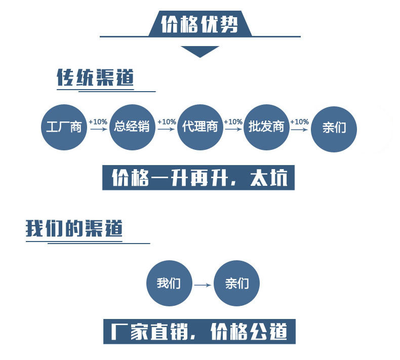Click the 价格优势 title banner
(x=199, y=24)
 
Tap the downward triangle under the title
(x=199, y=51)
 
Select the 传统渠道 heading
(x=95, y=78)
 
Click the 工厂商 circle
(x=64, y=127)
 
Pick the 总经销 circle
(x=132, y=127)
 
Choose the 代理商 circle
(x=201, y=127)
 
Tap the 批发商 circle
(x=266, y=127)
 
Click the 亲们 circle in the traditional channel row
(x=334, y=127)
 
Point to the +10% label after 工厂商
(x=98, y=122)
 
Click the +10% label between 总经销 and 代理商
(x=167, y=122)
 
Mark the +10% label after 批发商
(x=299, y=122)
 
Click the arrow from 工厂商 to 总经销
(x=97, y=129)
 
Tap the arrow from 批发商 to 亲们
(x=299, y=129)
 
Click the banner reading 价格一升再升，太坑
(x=198, y=177)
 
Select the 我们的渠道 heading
(x=74, y=228)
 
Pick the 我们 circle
(x=169, y=284)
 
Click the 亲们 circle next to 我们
(x=237, y=284)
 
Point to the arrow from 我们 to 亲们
(x=203, y=285)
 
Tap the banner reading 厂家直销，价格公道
(x=198, y=332)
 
